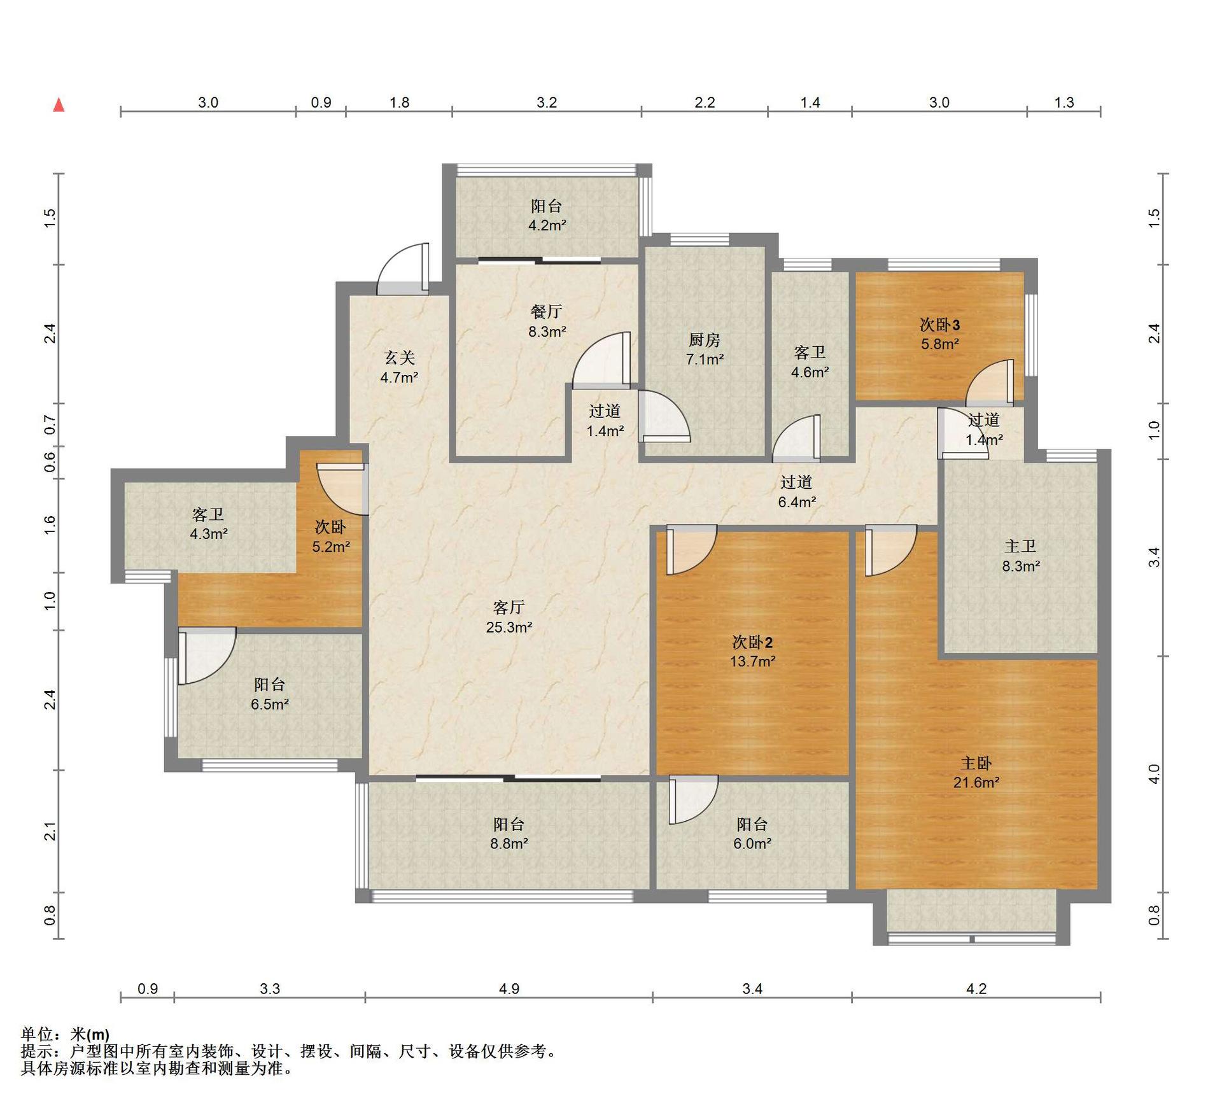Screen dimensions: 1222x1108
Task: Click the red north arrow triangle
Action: click(x=59, y=104)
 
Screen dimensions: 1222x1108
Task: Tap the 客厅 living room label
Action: click(x=509, y=607)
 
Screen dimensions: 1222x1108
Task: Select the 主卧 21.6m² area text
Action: click(x=976, y=782)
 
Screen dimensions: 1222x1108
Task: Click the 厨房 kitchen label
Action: click(x=705, y=340)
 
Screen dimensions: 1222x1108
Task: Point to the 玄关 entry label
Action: click(x=399, y=358)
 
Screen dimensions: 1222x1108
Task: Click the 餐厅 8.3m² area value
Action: click(x=547, y=331)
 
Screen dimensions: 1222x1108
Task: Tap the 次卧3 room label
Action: click(x=939, y=325)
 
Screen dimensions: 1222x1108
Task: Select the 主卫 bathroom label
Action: click(x=1020, y=546)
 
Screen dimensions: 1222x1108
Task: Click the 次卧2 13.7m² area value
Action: click(x=752, y=661)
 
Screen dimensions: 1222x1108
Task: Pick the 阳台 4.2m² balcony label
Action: click(x=547, y=206)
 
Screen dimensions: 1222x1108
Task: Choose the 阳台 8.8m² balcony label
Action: click(x=509, y=824)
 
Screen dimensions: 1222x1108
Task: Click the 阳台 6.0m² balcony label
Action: click(x=752, y=824)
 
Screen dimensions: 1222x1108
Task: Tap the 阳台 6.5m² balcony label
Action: click(x=269, y=684)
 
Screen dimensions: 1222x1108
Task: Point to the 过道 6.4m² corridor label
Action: click(x=796, y=482)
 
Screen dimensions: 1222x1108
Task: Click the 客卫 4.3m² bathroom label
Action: click(x=208, y=514)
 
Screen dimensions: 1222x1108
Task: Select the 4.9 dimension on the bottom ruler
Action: click(x=509, y=988)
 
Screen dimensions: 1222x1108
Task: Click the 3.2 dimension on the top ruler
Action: click(x=547, y=102)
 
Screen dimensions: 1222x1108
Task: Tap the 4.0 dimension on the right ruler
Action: click(x=1155, y=773)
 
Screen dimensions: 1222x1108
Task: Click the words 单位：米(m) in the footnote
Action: click(x=65, y=1035)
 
